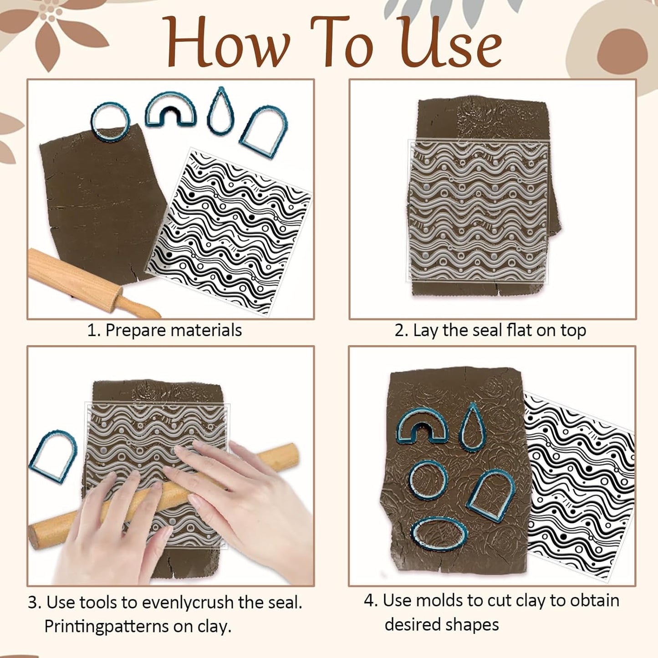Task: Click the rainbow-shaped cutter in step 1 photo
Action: click(x=171, y=109)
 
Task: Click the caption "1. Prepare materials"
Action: click(x=164, y=331)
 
